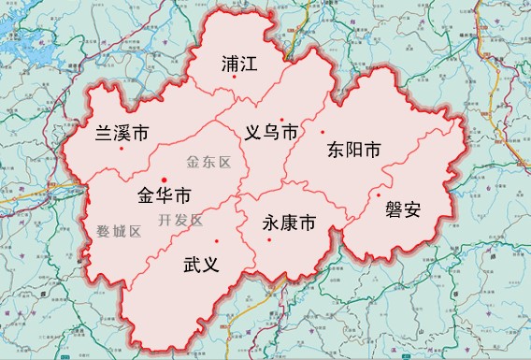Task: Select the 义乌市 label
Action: pyautogui.click(x=271, y=134)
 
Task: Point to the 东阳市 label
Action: pyautogui.click(x=354, y=151)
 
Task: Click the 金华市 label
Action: pyautogui.click(x=164, y=196)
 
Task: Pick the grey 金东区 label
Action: pyautogui.click(x=208, y=161)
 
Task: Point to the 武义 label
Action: pyautogui.click(x=201, y=265)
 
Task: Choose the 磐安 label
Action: pyautogui.click(x=403, y=209)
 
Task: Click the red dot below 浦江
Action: pyautogui.click(x=235, y=90)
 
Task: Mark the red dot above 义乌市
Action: pyautogui.click(x=281, y=119)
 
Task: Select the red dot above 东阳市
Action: pyautogui.click(x=323, y=132)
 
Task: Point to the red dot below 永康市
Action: pyautogui.click(x=270, y=240)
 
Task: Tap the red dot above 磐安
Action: pyautogui.click(x=378, y=194)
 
